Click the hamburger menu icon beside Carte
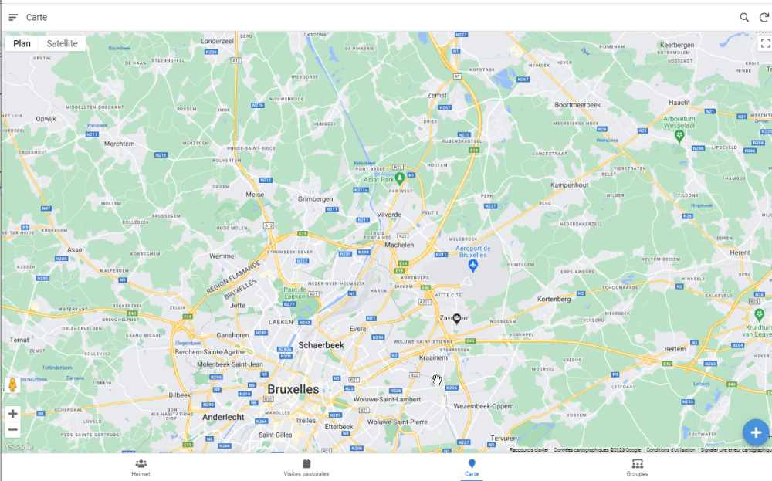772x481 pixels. (x=13, y=17)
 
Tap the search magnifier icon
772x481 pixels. (x=744, y=17)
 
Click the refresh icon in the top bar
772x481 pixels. (x=764, y=17)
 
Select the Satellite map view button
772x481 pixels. (x=62, y=43)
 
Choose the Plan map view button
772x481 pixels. (x=22, y=43)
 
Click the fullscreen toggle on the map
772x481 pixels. (x=765, y=43)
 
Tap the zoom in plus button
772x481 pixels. (x=12, y=414)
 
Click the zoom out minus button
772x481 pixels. (x=12, y=430)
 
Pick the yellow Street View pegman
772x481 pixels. (x=12, y=386)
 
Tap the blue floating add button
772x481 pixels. (x=756, y=432)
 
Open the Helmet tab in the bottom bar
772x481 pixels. (x=141, y=467)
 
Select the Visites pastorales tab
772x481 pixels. (x=306, y=467)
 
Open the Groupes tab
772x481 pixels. (x=637, y=467)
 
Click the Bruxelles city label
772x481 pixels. (x=293, y=389)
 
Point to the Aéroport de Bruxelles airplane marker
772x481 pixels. (x=474, y=266)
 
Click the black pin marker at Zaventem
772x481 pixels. (x=456, y=318)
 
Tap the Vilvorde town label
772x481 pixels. (x=388, y=215)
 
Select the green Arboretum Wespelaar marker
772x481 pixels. (x=679, y=136)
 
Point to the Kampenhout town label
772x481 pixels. (x=570, y=185)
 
